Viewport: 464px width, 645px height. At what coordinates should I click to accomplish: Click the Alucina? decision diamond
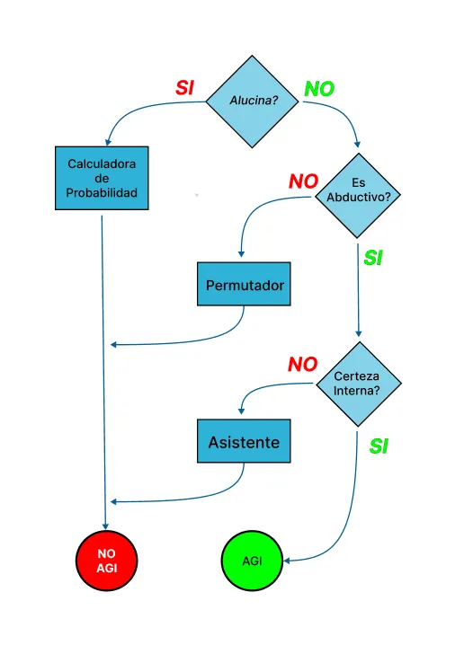(252, 102)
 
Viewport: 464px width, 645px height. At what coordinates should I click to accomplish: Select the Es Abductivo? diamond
(358, 196)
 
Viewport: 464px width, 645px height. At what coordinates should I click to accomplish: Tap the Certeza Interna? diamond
(358, 384)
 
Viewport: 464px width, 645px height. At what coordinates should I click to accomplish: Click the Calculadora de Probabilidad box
(102, 178)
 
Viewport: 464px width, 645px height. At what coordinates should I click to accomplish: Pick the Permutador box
(244, 284)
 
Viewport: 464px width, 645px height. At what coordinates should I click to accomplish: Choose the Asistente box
(244, 441)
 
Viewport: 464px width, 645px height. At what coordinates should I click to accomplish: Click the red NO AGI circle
(107, 561)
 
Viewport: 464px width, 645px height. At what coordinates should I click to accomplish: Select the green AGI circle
(252, 561)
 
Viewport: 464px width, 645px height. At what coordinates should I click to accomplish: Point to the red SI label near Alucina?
(184, 88)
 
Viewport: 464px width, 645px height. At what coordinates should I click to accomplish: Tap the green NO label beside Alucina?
(319, 88)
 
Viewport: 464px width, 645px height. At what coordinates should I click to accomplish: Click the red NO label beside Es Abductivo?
(303, 181)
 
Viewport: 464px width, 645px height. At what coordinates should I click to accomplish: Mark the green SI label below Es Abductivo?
(373, 258)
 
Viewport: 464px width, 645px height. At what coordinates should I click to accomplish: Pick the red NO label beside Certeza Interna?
(303, 365)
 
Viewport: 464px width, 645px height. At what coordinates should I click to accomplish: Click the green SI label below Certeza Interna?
(379, 446)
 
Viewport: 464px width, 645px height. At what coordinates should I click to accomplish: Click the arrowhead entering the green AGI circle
(287, 561)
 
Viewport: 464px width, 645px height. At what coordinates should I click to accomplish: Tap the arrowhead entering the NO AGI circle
(105, 526)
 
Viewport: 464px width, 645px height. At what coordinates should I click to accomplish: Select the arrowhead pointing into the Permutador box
(241, 254)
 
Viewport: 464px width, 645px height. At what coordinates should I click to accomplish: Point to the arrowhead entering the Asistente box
(241, 411)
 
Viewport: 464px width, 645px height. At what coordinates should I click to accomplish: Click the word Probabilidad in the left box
(102, 192)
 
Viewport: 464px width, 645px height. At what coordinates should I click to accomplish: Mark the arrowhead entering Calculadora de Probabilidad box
(108, 142)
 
